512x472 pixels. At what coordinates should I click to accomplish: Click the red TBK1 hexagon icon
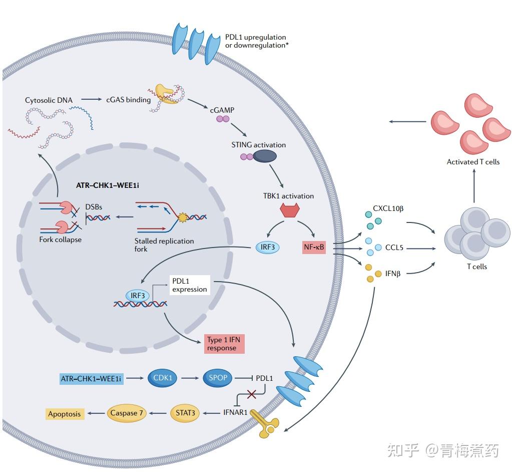tap(287, 211)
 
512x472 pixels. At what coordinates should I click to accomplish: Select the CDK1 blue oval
tap(163, 378)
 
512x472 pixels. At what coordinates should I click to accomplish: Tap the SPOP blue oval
tap(218, 378)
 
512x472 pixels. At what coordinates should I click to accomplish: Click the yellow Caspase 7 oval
tap(127, 413)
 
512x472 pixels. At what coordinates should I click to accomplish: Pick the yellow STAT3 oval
tap(185, 413)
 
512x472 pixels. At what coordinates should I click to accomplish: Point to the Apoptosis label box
tap(64, 414)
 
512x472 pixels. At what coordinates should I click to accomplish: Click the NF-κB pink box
tap(314, 247)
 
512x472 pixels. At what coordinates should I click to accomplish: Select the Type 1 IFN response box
tap(224, 344)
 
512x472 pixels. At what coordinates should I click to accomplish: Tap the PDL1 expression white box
tap(189, 285)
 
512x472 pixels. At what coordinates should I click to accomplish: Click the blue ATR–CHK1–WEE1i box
tap(91, 379)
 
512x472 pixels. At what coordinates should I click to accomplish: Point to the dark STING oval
tap(265, 156)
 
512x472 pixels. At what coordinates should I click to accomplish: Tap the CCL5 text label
tap(394, 248)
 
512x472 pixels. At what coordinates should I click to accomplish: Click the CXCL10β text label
tap(388, 208)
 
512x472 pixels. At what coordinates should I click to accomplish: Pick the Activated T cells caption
tap(473, 162)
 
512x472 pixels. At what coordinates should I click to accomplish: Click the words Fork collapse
tap(60, 240)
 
